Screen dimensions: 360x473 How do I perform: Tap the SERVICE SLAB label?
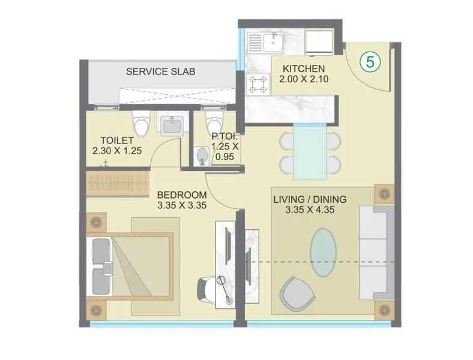point(160,71)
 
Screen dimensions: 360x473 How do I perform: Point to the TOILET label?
point(112,140)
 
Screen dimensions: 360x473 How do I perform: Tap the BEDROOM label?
point(181,195)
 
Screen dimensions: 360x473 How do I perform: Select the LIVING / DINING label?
point(313,199)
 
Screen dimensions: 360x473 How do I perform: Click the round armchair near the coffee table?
point(296,292)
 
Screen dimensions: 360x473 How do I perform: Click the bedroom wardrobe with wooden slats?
point(117,184)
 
